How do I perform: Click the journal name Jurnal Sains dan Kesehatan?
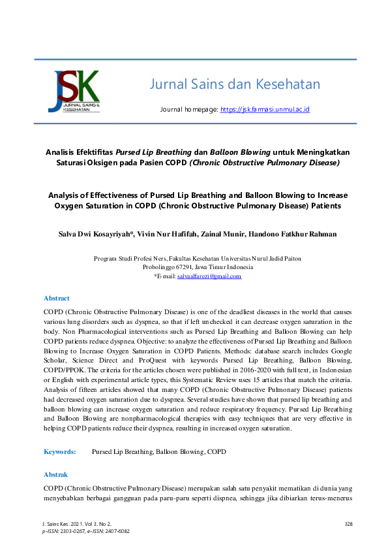235,84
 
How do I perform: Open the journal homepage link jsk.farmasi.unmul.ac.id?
265,110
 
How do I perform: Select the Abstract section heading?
56,298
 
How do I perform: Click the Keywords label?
60,451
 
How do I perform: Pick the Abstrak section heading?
55,474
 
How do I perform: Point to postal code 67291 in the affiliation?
179,267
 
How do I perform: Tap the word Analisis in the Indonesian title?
63,149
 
